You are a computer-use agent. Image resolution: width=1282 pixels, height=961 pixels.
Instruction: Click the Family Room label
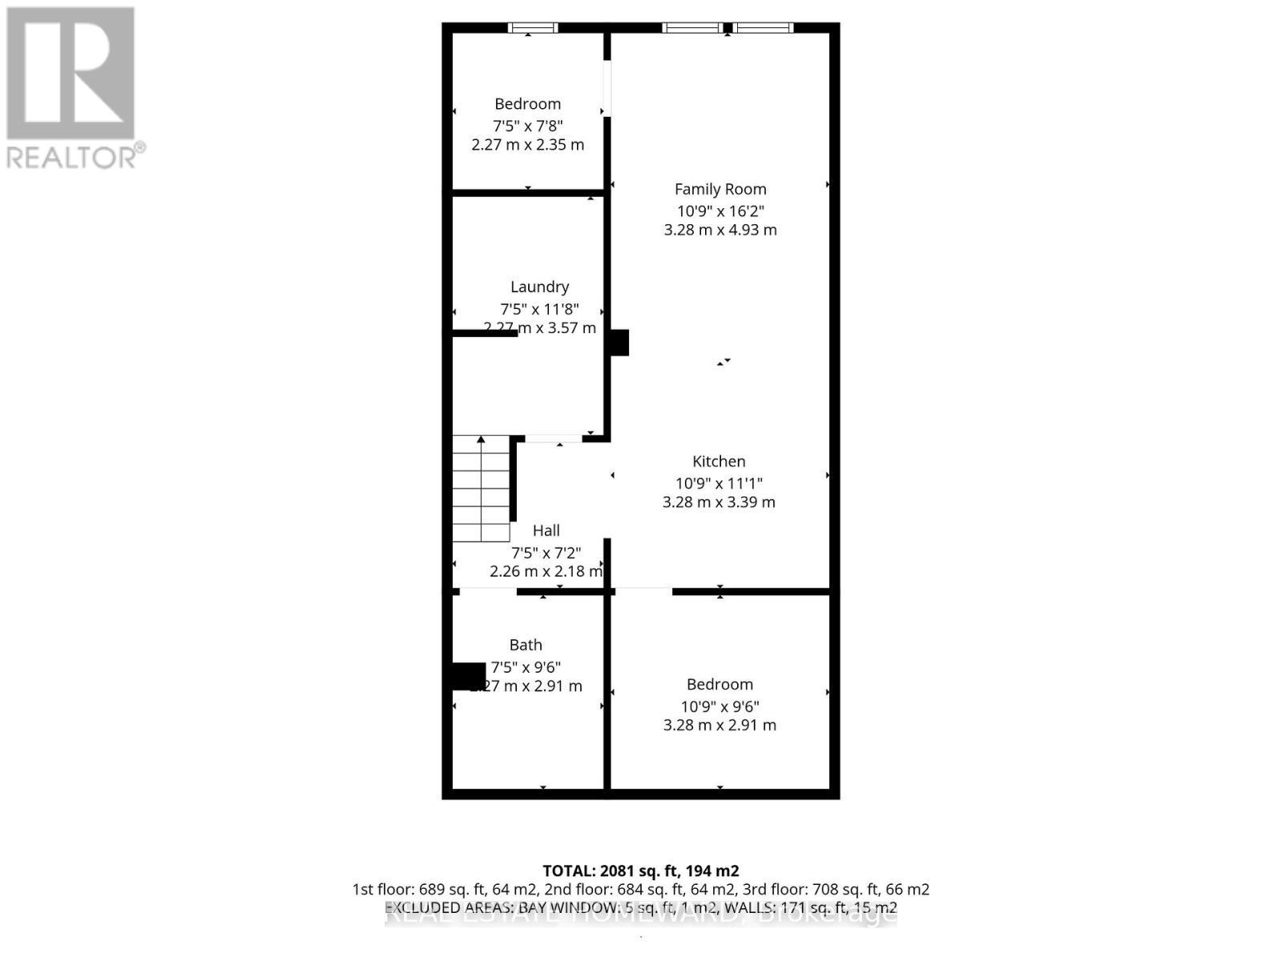(x=720, y=189)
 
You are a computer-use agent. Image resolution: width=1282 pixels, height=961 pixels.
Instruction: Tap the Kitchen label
(x=719, y=461)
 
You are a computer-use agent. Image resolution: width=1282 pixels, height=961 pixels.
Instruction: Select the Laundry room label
(x=539, y=287)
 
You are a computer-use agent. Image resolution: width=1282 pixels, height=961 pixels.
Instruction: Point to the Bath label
(x=526, y=645)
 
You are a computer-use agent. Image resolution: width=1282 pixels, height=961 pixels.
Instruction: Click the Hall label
(x=546, y=530)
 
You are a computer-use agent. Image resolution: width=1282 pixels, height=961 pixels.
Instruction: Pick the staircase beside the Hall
(x=481, y=489)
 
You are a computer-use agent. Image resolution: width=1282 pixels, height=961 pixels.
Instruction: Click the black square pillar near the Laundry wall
(x=619, y=343)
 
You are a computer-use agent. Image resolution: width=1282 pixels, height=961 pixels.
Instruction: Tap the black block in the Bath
(x=469, y=675)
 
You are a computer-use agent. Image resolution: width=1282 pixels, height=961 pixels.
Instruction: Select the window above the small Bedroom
(x=533, y=28)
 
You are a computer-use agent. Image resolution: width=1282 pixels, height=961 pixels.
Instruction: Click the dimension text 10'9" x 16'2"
(x=720, y=211)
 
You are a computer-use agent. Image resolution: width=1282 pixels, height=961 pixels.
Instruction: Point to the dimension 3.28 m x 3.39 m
(x=719, y=502)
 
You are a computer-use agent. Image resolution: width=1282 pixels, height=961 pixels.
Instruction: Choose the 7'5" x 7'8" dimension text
(x=527, y=126)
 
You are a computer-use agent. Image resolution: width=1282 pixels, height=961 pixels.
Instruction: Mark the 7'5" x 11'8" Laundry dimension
(x=539, y=308)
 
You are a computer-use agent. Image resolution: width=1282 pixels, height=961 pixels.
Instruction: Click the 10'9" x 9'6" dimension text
(x=720, y=706)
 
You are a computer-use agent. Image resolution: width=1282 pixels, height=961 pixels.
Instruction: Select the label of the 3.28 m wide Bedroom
(x=720, y=684)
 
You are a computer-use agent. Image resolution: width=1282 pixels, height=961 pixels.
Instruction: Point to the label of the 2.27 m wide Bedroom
(x=527, y=104)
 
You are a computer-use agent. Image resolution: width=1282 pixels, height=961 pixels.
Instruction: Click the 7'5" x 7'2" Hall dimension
(x=546, y=553)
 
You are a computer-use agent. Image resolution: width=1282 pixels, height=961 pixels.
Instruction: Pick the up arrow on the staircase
(x=481, y=440)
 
